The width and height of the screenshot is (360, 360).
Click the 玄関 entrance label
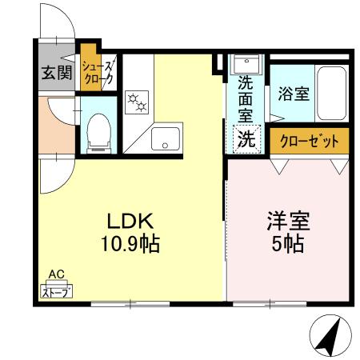point(57,74)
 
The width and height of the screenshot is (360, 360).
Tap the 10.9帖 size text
point(130,242)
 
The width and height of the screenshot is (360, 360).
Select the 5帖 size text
point(289,243)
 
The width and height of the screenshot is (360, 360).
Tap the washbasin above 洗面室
point(242,64)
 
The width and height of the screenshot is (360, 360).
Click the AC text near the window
point(56,274)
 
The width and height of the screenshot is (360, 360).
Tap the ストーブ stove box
point(56,291)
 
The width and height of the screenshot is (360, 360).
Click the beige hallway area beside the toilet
point(56,124)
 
